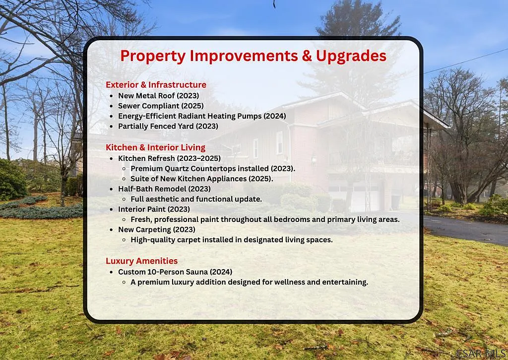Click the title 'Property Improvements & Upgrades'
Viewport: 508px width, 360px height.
(x=253, y=56)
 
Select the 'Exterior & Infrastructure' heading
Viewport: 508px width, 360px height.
(x=156, y=85)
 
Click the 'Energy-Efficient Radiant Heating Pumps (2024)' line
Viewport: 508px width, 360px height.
(x=202, y=116)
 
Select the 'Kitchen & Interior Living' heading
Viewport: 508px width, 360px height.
(x=155, y=147)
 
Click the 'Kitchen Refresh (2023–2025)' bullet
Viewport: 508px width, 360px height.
(x=169, y=158)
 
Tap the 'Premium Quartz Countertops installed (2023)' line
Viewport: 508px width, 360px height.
(x=213, y=168)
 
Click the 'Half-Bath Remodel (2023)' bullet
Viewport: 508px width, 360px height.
(x=164, y=189)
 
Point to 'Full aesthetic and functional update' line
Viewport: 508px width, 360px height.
(x=196, y=199)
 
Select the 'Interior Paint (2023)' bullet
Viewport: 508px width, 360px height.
(x=154, y=210)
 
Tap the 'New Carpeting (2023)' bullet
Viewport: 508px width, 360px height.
(x=156, y=230)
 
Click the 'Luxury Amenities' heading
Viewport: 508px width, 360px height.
(x=141, y=261)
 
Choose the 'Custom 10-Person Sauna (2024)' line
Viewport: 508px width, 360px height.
(x=175, y=272)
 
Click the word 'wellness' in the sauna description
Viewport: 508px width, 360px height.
(x=292, y=283)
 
